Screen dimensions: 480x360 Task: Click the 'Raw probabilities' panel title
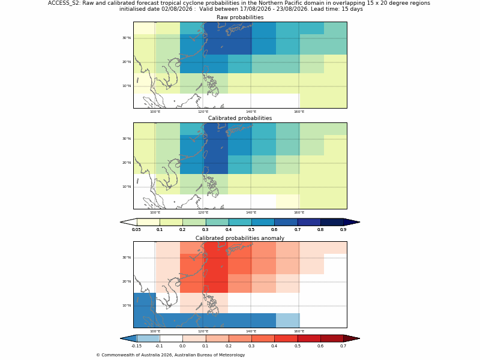[x=240, y=17]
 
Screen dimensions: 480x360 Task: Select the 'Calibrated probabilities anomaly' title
[x=240, y=238]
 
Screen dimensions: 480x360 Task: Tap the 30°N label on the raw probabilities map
[x=127, y=38]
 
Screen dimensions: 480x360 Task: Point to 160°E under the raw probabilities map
[x=299, y=112]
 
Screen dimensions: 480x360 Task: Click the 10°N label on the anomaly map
[x=127, y=305]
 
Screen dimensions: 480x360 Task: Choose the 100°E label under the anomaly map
[x=155, y=331]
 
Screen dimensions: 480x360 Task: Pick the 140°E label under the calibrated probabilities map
[x=251, y=212]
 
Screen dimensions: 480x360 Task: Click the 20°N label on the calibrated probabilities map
[x=127, y=163]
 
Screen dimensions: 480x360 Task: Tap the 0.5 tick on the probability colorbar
[x=251, y=230]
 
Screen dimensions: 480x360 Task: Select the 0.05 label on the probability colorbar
[x=136, y=230]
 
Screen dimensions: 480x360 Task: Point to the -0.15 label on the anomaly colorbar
[x=136, y=346]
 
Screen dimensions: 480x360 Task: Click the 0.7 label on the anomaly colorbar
[x=343, y=346]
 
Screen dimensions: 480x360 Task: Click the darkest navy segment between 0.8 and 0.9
[x=332, y=222]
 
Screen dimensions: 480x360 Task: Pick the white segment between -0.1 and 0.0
[x=171, y=338]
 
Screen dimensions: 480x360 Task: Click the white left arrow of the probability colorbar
[x=128, y=222]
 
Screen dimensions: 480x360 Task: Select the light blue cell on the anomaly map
[x=288, y=320]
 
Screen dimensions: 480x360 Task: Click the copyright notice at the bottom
[x=170, y=355]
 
